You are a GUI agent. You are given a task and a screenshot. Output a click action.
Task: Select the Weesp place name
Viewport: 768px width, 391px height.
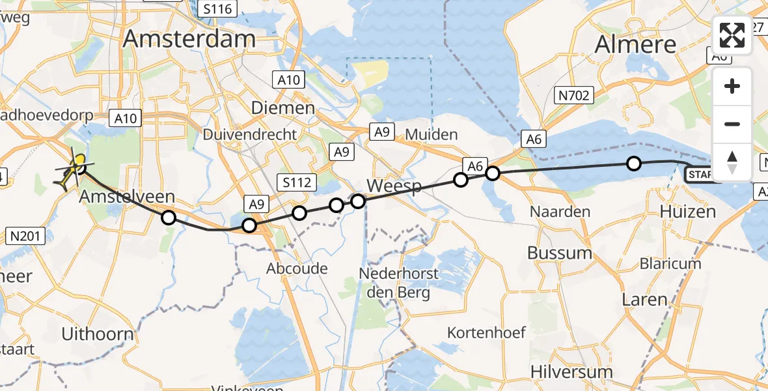[x=394, y=186]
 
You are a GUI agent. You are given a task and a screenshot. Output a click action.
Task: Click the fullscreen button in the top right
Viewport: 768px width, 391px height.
[x=732, y=35]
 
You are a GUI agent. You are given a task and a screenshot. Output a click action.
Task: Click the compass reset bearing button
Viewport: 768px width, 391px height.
[x=732, y=162]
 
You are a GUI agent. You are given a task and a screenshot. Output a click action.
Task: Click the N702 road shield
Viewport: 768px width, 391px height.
[x=573, y=96]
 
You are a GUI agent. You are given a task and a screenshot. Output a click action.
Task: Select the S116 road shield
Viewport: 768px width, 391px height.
[x=217, y=8]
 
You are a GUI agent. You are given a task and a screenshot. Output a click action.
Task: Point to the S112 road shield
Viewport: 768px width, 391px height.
[x=296, y=182]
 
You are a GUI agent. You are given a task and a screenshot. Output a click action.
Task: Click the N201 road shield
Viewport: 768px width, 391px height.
[x=25, y=235]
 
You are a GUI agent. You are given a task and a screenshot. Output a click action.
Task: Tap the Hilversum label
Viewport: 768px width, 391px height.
[x=571, y=372]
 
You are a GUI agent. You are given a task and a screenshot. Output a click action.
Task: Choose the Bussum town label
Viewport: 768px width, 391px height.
[x=559, y=253]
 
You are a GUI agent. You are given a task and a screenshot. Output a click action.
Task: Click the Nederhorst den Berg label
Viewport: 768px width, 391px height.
[x=399, y=282]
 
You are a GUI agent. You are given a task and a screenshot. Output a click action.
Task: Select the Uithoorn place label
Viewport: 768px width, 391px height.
[x=97, y=334]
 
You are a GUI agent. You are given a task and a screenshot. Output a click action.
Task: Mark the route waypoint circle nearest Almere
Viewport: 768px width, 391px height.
[x=633, y=164]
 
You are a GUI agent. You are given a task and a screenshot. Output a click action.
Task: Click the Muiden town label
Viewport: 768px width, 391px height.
[x=432, y=134]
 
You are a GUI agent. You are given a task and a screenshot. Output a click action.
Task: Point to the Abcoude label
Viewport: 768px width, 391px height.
[x=297, y=268]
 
